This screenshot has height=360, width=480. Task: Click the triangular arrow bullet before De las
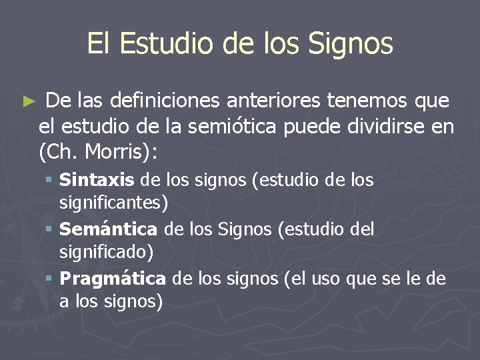(x=27, y=103)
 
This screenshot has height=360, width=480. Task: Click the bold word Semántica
(x=108, y=229)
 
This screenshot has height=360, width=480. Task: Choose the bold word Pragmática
(x=113, y=278)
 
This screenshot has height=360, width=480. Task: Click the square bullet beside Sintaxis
(x=50, y=181)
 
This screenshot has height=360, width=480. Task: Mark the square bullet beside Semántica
(x=50, y=230)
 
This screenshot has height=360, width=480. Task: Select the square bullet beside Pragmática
(x=50, y=279)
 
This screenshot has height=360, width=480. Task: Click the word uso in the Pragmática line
(x=326, y=279)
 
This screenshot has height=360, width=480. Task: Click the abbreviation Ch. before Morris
(x=59, y=152)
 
